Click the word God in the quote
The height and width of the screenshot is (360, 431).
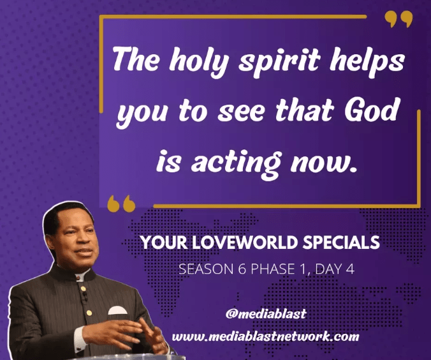(372, 110)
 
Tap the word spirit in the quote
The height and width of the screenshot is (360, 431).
(279, 61)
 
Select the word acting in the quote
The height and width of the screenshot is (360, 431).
(236, 162)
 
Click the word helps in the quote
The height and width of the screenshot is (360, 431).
(367, 61)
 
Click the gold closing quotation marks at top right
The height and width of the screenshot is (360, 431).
(398, 19)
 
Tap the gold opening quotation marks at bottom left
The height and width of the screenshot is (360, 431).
(121, 204)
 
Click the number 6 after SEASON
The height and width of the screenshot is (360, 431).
(242, 269)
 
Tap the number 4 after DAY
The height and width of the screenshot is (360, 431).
(350, 269)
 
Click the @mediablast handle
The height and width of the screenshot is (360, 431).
(266, 313)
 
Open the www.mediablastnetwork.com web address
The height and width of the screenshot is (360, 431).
(265, 336)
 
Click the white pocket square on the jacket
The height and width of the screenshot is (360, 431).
(118, 310)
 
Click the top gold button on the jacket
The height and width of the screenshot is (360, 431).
(83, 289)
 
